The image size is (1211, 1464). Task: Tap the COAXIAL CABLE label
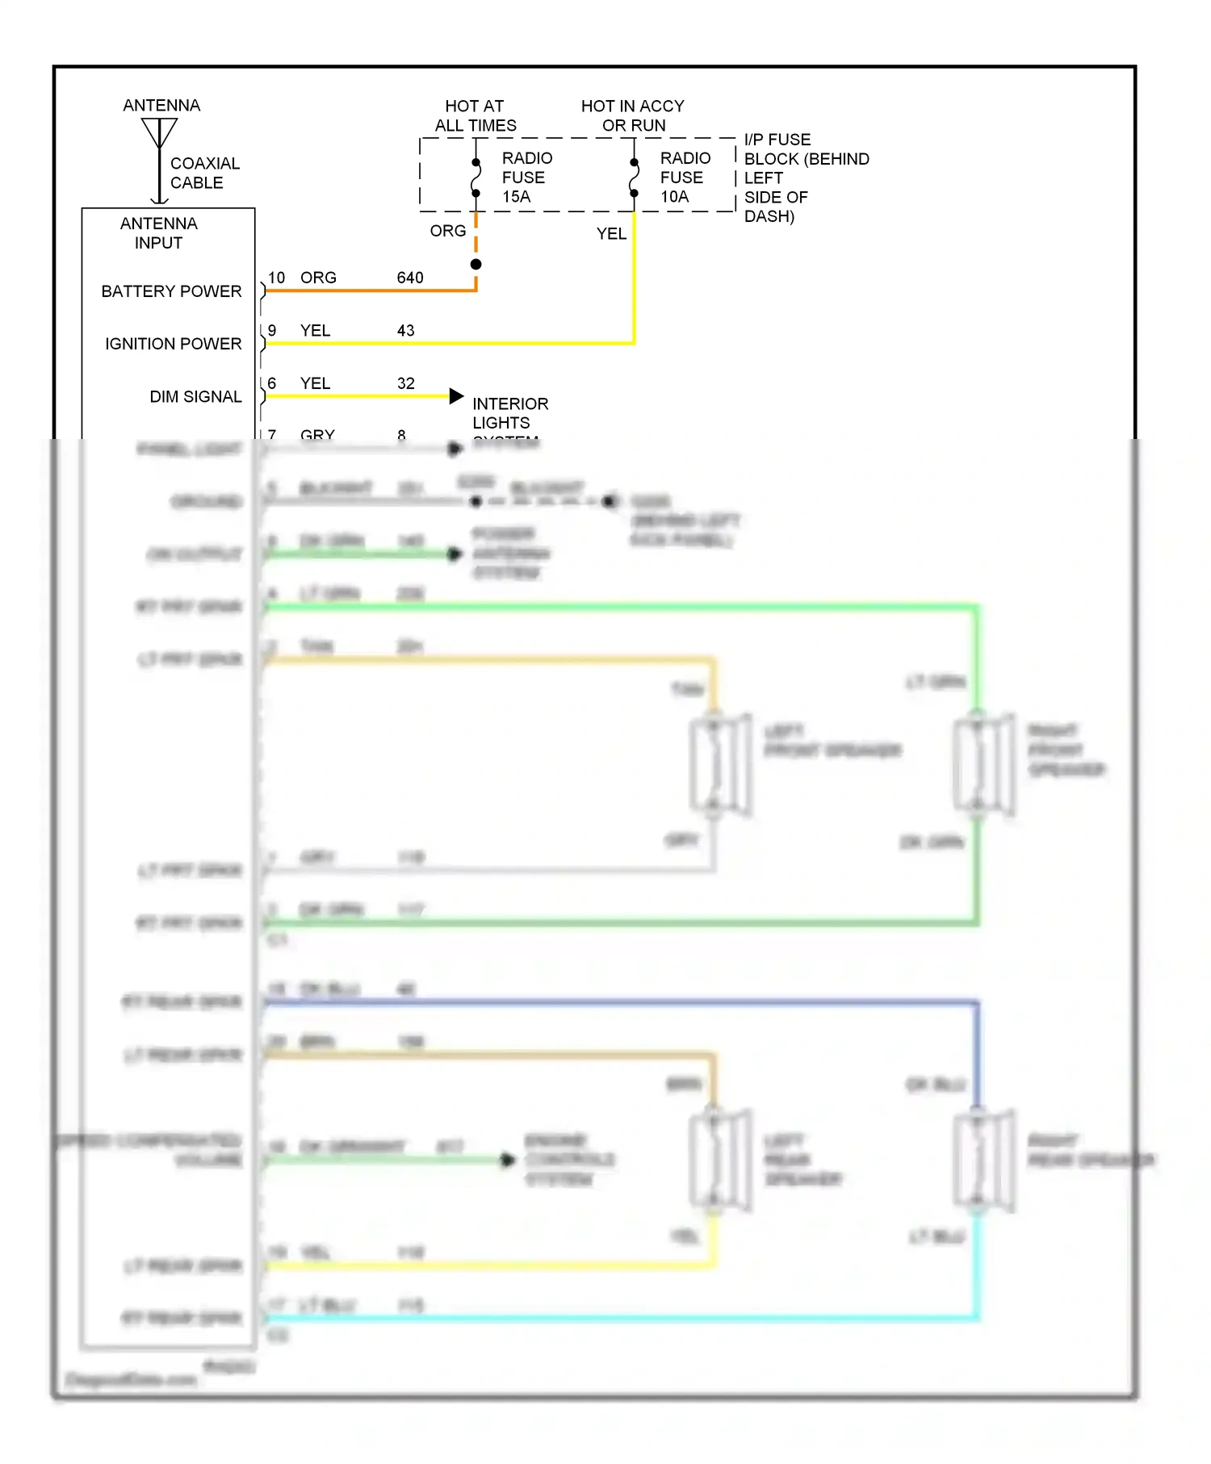[x=204, y=173]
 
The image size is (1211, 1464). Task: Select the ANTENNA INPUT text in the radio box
[x=158, y=233]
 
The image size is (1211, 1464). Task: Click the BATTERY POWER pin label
[x=171, y=291]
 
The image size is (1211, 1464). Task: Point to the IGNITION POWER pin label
[x=173, y=344]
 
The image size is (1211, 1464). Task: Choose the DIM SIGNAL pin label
[x=195, y=397]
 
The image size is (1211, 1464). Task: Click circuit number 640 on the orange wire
[x=410, y=278]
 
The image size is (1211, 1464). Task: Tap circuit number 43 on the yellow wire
[x=405, y=331]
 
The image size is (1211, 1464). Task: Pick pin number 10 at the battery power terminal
[x=276, y=278]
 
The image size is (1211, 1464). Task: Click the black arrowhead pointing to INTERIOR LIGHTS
[x=457, y=395]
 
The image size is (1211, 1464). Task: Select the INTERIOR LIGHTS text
[x=509, y=413]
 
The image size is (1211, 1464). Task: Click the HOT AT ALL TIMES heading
[x=475, y=115]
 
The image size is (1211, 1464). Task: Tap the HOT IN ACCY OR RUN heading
[x=633, y=115]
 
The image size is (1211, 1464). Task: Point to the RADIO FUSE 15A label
[x=526, y=178]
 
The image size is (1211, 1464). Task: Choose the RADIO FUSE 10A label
[x=685, y=178]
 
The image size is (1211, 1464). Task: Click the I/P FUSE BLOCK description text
[x=805, y=178]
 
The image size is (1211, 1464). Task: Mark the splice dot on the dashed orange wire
[x=476, y=265]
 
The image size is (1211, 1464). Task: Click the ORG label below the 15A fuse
[x=447, y=231]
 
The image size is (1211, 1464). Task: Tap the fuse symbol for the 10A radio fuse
[x=634, y=178]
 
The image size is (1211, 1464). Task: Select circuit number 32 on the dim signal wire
[x=405, y=383]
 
